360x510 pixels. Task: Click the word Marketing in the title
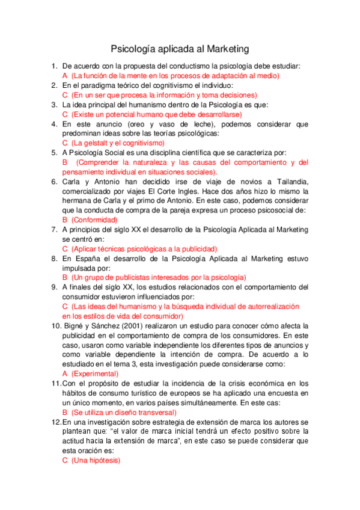point(224,48)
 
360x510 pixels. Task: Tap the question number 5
point(54,153)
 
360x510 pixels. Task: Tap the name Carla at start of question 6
point(73,182)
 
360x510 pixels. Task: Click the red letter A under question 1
point(65,76)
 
